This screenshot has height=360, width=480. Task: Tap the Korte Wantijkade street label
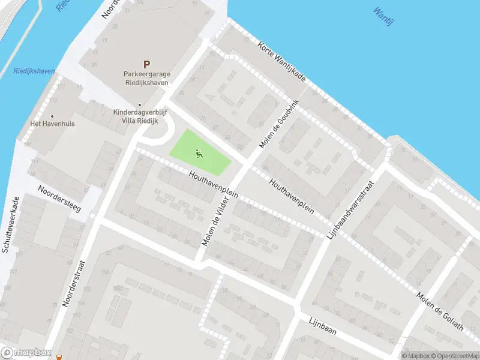coord(282,62)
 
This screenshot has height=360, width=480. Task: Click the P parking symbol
coord(146,64)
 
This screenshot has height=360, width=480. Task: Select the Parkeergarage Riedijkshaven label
coord(147,78)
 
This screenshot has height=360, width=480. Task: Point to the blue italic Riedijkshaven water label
coord(34,71)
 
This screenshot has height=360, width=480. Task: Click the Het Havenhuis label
coord(52,124)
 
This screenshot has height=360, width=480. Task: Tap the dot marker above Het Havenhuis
coord(52,116)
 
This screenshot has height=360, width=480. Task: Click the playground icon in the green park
coord(199,154)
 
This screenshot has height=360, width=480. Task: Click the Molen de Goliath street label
coord(441,310)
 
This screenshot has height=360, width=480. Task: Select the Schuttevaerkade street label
coord(11,225)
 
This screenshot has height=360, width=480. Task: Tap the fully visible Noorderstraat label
coord(75,283)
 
